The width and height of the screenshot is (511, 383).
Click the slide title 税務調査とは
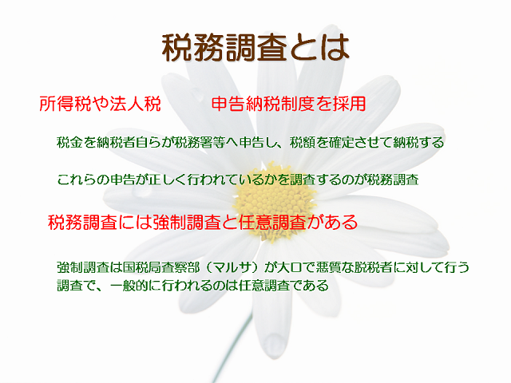(x=255, y=48)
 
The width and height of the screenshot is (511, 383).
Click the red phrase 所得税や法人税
(x=100, y=104)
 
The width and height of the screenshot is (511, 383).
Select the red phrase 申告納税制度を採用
(x=288, y=104)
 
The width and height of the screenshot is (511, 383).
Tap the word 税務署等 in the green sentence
(x=200, y=142)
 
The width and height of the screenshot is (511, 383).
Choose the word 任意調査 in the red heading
(x=273, y=222)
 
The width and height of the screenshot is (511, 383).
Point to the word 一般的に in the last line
(x=136, y=286)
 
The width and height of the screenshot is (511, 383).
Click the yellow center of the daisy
(x=274, y=201)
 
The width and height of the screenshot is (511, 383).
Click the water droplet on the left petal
(x=141, y=191)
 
